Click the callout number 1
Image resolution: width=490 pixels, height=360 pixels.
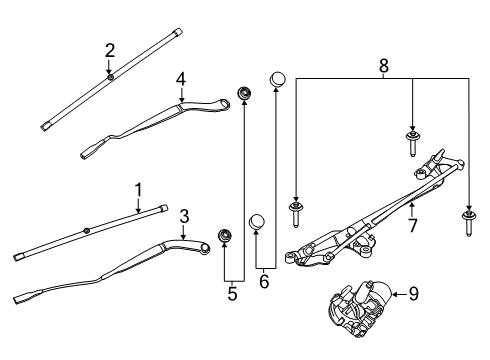[x=139, y=187]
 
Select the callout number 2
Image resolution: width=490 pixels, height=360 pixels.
[x=110, y=49]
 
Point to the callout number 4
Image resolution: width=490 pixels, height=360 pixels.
[x=181, y=77]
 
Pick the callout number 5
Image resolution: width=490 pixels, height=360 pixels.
[x=233, y=295]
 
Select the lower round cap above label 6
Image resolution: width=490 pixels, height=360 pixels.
[x=257, y=221]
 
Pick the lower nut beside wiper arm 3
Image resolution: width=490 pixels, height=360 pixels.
[x=225, y=237]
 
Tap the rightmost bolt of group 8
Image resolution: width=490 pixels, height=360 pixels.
[x=468, y=219]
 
